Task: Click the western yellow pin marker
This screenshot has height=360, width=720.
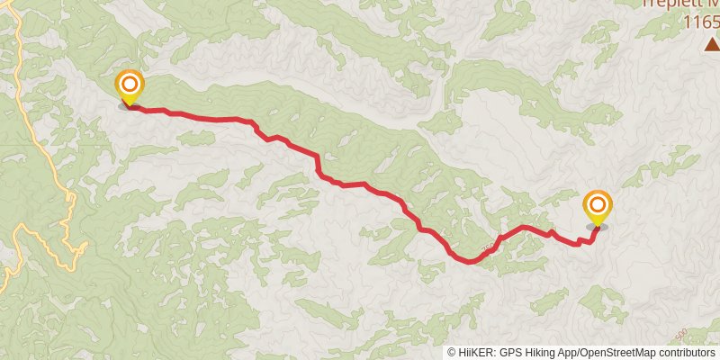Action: [130, 88]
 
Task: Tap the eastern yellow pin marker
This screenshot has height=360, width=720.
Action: [597, 208]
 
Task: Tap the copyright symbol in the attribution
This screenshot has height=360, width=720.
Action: [452, 353]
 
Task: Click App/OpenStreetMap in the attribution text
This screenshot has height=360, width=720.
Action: [612, 353]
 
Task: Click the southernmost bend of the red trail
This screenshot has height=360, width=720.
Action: [469, 262]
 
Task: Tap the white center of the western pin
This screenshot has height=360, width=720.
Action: [130, 85]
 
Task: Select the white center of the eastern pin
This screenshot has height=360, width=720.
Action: [597, 205]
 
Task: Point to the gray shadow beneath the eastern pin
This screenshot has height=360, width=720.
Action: [597, 226]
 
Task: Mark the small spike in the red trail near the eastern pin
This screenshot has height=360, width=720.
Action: [551, 231]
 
